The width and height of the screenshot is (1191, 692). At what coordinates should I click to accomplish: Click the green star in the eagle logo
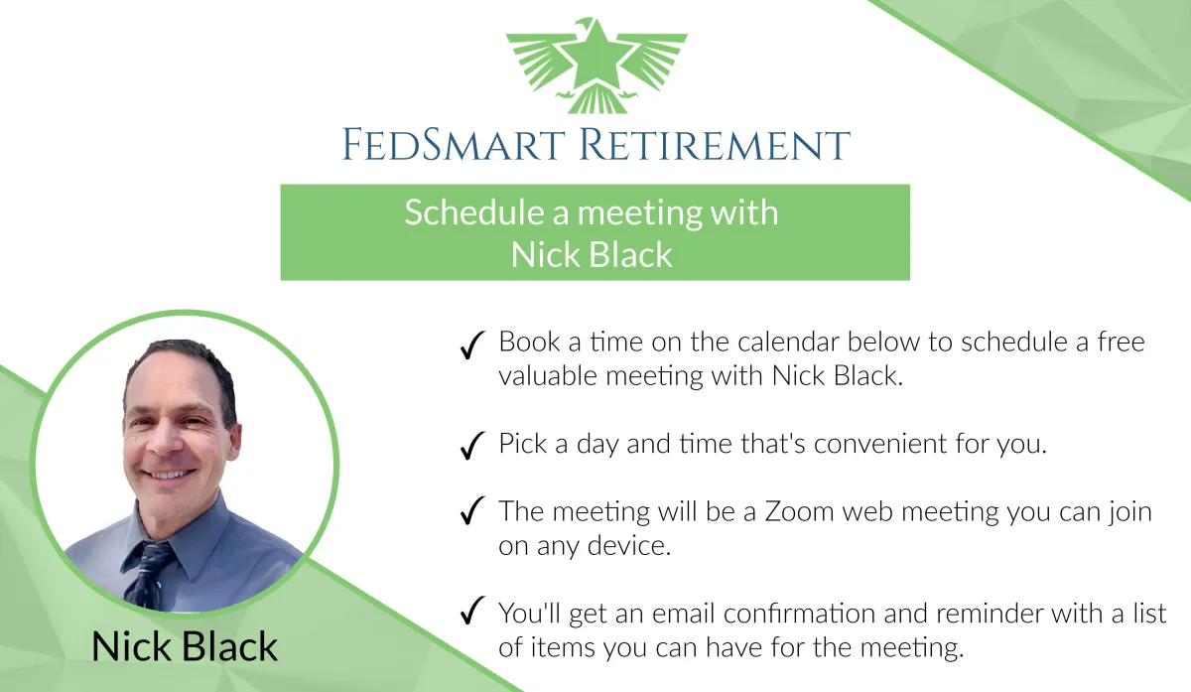pyautogui.click(x=596, y=57)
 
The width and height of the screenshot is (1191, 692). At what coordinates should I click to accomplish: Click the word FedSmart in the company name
pyautogui.click(x=453, y=144)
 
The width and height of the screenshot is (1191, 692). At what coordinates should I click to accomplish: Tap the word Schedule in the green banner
pyautogui.click(x=473, y=212)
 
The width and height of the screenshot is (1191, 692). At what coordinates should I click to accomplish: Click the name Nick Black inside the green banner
pyautogui.click(x=592, y=254)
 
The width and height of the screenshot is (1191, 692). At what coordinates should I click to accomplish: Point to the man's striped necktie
pyautogui.click(x=147, y=575)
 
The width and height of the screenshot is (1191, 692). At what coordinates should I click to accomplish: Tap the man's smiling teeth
pyautogui.click(x=168, y=474)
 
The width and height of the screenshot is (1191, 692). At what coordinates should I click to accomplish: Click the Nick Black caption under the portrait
pyautogui.click(x=185, y=646)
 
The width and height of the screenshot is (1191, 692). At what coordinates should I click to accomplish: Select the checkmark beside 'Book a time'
pyautogui.click(x=472, y=345)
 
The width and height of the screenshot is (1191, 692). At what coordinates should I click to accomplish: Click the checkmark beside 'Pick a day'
pyautogui.click(x=472, y=445)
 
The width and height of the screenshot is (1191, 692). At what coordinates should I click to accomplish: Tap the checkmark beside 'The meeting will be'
pyautogui.click(x=472, y=510)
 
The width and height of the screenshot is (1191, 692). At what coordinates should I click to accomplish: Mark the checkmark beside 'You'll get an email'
pyautogui.click(x=472, y=610)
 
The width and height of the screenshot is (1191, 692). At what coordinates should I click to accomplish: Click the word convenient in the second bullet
pyautogui.click(x=880, y=444)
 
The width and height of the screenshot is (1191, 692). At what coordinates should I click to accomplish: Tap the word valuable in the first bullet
pyautogui.click(x=548, y=375)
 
